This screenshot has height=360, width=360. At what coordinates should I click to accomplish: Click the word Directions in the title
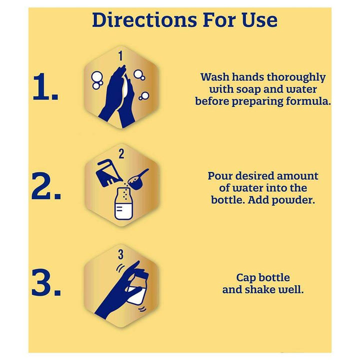[144, 19]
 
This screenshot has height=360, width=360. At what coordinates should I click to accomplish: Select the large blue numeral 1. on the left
[45, 87]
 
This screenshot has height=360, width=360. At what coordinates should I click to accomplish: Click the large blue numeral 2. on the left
[46, 186]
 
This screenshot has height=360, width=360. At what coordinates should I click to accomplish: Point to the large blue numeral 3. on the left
[46, 282]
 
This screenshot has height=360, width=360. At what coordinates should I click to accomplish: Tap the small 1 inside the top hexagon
[121, 56]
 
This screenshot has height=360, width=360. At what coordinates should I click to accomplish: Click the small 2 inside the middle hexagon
[121, 154]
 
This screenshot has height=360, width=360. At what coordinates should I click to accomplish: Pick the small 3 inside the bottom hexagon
[121, 254]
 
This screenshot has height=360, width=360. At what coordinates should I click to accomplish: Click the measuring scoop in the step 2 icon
[137, 179]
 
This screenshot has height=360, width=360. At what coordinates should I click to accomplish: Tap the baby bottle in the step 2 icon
[123, 204]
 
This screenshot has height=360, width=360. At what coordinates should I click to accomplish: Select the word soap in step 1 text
[248, 89]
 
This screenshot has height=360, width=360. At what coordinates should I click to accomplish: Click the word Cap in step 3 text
[246, 278]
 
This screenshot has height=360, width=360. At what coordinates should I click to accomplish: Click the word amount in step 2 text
[297, 176]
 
